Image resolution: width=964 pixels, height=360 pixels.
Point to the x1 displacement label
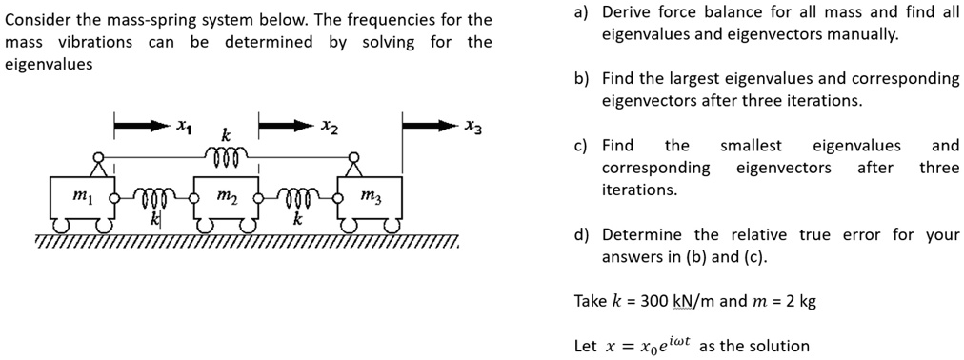(185, 125)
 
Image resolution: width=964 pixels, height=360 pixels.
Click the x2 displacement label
(328, 125)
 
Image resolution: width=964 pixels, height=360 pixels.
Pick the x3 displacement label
(472, 126)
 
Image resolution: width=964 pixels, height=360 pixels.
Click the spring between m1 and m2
(152, 199)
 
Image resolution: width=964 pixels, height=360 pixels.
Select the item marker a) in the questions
(581, 13)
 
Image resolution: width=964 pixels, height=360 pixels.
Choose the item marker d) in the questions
(581, 235)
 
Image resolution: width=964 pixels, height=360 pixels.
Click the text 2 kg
(799, 302)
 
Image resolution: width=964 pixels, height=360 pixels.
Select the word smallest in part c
(751, 146)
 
